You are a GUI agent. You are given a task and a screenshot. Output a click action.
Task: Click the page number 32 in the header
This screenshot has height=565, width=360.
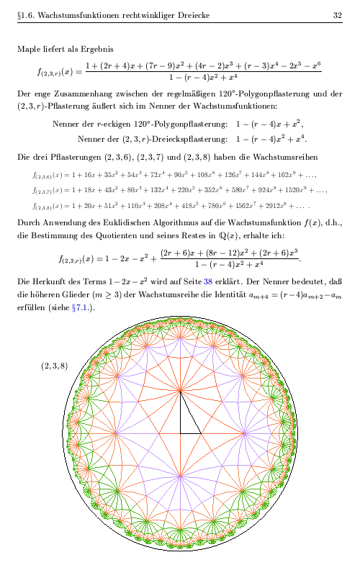point(337,14)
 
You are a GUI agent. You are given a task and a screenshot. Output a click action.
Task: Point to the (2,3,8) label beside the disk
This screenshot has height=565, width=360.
point(54,366)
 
